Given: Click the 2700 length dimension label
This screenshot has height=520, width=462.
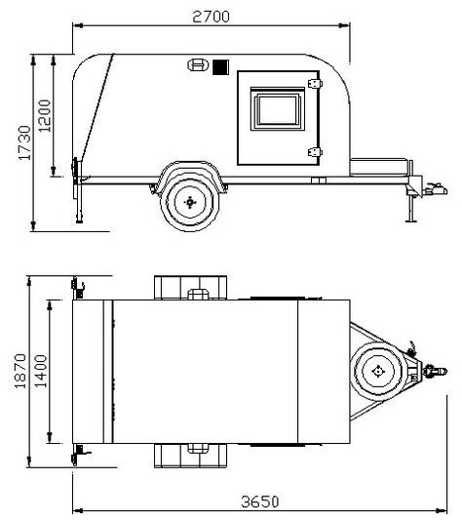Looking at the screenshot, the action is pos(211,17).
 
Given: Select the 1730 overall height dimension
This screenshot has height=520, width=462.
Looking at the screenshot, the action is pos(24,142).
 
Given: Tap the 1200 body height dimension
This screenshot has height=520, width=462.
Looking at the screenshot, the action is pos(45,115).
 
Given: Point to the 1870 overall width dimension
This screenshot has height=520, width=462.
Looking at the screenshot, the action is pos(19,371).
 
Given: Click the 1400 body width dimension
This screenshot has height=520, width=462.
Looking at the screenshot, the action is pos(41,371).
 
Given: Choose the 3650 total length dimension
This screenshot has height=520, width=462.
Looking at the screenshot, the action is pos(260,501).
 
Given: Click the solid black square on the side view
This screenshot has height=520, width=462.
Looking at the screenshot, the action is pos(220,67).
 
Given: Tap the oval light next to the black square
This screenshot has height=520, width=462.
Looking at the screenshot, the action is pos(198,65).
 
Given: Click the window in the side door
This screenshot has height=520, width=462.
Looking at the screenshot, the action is pos(278,108).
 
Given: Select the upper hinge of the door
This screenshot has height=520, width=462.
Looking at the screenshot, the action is pos(315,84).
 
